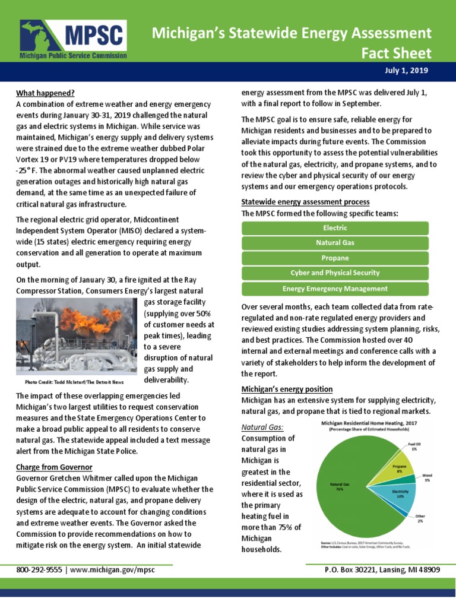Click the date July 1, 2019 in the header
point(406,71)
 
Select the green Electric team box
point(335,228)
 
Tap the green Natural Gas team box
point(335,243)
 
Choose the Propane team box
point(335,258)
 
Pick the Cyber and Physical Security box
point(335,273)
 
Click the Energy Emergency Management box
point(335,289)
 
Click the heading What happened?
point(45,93)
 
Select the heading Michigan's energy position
point(287,389)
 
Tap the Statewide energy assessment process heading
point(305,202)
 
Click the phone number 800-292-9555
point(39,569)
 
